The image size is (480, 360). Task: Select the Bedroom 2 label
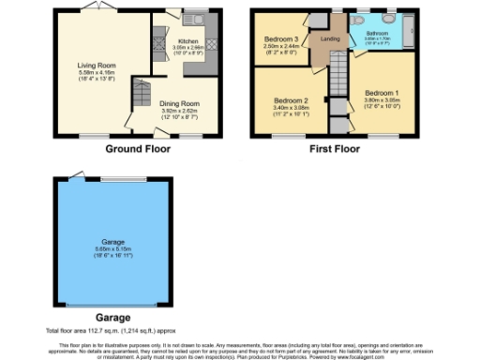coord(292,100)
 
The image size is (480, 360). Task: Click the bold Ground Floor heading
coord(129,148)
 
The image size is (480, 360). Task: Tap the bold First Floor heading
coord(335,148)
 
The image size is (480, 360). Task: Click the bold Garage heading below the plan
coord(113,318)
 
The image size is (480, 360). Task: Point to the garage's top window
coord(122,179)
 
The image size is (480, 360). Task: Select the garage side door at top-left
coord(72,175)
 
